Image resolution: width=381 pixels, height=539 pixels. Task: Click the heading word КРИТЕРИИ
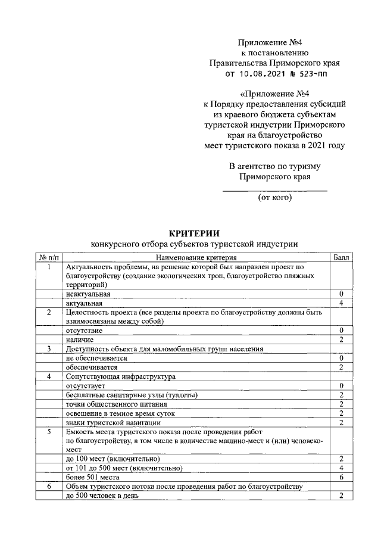coord(193,233)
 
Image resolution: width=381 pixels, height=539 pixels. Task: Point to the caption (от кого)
coord(274,197)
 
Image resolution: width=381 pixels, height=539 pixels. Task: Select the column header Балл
coord(342,258)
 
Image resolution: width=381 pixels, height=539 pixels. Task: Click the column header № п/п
coord(49,258)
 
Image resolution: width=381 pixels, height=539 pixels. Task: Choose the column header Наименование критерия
coord(196,258)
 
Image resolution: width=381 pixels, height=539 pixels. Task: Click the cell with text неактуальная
coord(88,294)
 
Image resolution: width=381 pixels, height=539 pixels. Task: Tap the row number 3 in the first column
coord(49,349)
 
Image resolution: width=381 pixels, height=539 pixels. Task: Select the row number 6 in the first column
coord(49,487)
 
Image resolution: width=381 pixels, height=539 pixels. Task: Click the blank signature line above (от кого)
coord(274,191)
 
